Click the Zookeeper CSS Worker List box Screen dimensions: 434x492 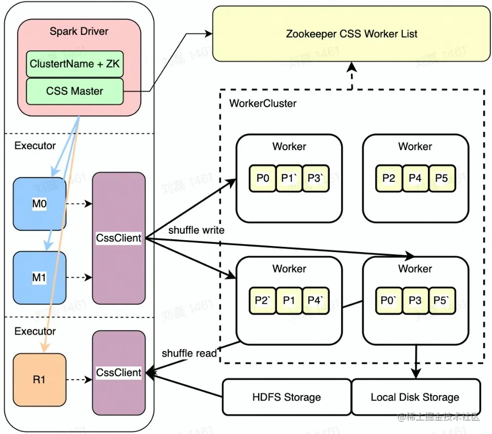point(351,34)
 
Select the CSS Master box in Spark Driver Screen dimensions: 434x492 point(75,91)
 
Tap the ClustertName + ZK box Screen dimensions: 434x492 point(75,64)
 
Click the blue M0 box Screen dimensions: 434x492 point(40,204)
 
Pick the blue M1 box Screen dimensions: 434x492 point(40,277)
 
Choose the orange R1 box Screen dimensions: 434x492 point(40,380)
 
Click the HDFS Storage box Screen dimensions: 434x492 point(287,397)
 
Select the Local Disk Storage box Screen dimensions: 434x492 point(415,397)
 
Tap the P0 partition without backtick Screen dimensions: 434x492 point(263,178)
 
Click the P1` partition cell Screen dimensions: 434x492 point(289,178)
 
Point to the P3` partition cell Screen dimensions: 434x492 point(316,178)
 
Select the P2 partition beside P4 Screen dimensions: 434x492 point(389,178)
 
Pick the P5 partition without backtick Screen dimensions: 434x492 point(442,178)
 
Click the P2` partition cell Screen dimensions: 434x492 point(263,301)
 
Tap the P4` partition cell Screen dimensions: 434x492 point(316,301)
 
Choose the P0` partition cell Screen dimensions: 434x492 point(389,301)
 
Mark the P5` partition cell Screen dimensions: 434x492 point(442,301)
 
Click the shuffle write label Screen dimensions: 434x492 point(196,230)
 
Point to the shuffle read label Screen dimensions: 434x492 point(189,353)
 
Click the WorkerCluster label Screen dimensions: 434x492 point(263,104)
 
